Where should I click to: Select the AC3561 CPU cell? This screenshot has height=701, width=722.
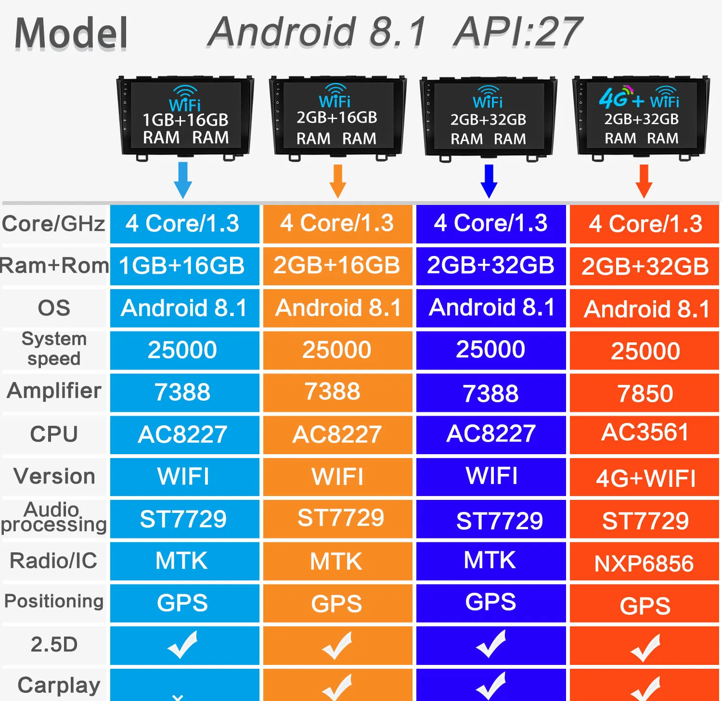coord(645,433)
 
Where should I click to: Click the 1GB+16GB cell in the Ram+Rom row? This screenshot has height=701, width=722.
coord(182,266)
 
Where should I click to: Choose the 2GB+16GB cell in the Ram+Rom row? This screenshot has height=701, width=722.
coord(337,266)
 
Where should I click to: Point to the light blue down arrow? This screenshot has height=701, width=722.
coord(183,180)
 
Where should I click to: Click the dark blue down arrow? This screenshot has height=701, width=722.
coord(489,181)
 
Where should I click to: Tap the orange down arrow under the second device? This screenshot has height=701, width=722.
coord(338,181)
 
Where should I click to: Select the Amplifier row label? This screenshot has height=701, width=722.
coord(54,391)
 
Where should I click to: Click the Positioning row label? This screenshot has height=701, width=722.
coord(54,601)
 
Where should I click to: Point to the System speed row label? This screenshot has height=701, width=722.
coord(54,349)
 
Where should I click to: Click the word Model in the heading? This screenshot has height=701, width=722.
coord(71,33)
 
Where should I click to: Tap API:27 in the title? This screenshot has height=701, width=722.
coord(518,32)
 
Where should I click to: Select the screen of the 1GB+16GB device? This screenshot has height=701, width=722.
coord(186,115)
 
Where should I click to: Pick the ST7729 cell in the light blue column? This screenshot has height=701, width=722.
coord(183,519)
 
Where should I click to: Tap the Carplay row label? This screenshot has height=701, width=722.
coord(59,685)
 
